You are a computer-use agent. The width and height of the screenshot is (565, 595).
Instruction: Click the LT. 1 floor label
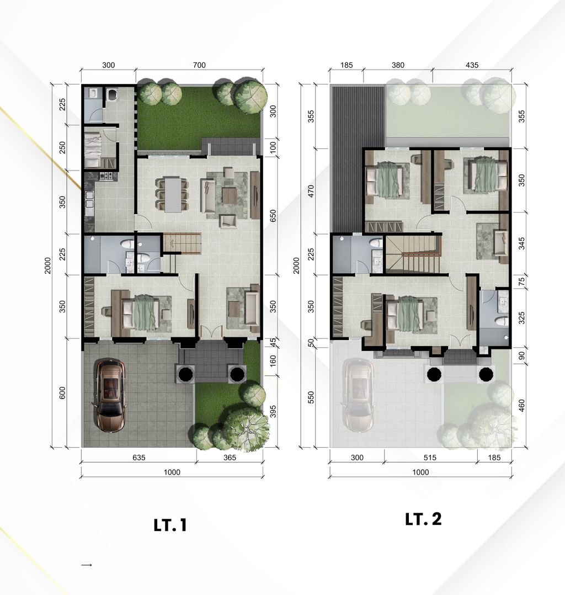170,525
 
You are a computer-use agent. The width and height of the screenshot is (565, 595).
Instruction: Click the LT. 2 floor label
423,519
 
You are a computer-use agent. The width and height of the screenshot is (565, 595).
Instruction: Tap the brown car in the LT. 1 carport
110,394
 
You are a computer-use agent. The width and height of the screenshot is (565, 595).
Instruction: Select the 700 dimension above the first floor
199,65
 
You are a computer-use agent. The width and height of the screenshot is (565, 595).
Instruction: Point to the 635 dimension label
138,458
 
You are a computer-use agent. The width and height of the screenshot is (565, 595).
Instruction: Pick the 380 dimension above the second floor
397,65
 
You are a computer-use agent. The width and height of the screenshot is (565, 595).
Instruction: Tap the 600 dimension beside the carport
62,394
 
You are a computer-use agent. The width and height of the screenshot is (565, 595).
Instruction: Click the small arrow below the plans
86,565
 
